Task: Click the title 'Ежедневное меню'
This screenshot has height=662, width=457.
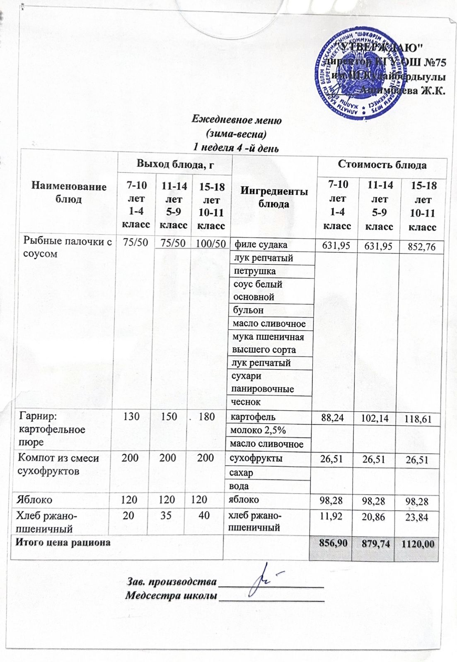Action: click(237, 120)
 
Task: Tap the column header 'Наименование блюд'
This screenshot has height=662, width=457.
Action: click(69, 193)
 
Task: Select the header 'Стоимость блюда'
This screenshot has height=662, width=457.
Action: click(382, 165)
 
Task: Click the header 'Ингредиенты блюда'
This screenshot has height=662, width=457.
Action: click(274, 197)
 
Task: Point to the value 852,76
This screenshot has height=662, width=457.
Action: click(421, 247)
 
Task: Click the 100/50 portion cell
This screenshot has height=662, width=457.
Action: click(210, 243)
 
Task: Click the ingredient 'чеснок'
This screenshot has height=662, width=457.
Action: click(246, 402)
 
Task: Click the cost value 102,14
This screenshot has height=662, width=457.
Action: click(375, 418)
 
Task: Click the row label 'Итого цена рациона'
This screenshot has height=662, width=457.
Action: click(63, 542)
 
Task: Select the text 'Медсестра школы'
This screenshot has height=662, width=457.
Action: click(171, 596)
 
